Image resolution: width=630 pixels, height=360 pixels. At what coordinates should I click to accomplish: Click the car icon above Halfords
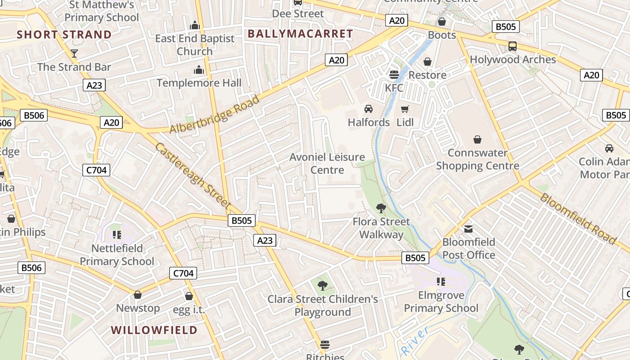[x=369, y=109]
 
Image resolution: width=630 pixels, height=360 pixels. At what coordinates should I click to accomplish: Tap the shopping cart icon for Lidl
[x=405, y=109]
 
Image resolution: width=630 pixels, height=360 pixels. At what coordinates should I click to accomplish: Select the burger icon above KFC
[x=394, y=74]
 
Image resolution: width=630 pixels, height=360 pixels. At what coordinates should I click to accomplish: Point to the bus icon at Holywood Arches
[x=512, y=46]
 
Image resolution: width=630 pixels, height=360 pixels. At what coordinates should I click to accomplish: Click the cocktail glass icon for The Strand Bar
[x=74, y=54]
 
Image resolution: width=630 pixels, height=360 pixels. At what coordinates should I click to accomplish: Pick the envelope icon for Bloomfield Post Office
[x=468, y=229]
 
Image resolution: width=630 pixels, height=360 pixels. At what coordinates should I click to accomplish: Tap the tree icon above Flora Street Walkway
[x=381, y=208]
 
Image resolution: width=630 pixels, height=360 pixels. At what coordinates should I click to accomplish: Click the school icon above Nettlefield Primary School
[x=117, y=235]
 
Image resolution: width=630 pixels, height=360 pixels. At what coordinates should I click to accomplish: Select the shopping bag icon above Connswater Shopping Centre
[x=477, y=140]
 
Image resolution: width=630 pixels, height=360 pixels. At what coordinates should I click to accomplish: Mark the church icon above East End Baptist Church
[x=195, y=25]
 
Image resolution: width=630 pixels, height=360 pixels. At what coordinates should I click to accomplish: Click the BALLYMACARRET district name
[x=300, y=34]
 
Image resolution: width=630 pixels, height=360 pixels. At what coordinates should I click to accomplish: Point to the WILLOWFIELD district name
[x=154, y=330]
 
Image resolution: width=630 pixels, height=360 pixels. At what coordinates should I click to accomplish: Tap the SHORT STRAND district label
[x=64, y=35]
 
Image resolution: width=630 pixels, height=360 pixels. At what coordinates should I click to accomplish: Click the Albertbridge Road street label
[x=215, y=114]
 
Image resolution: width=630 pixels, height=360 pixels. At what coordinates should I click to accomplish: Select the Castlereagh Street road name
[x=193, y=176]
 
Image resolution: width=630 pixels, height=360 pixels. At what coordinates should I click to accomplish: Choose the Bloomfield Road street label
[x=578, y=218]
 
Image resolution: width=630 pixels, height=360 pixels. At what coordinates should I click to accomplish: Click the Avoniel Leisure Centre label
[x=327, y=163]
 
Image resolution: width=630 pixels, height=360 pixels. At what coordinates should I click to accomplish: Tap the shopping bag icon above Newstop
[x=138, y=295]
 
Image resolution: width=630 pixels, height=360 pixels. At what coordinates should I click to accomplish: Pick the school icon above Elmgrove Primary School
[x=441, y=282]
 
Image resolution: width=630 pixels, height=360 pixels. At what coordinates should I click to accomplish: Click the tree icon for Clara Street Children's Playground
[x=323, y=285]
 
